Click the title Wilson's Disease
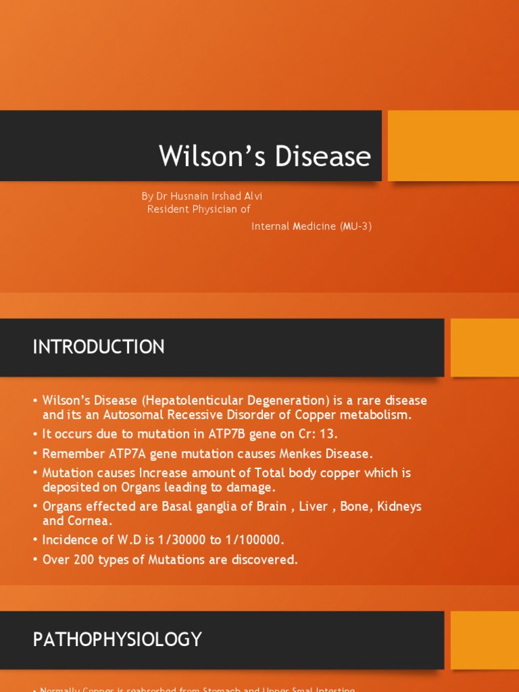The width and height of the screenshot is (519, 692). pos(265,156)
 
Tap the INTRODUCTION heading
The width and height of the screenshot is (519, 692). pos(99,347)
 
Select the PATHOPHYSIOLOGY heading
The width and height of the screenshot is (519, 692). pos(118,639)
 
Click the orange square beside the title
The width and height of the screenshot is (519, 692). pos(453,145)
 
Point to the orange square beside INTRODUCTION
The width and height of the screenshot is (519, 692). pos(484,347)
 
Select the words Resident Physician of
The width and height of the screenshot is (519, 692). pos(199,209)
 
